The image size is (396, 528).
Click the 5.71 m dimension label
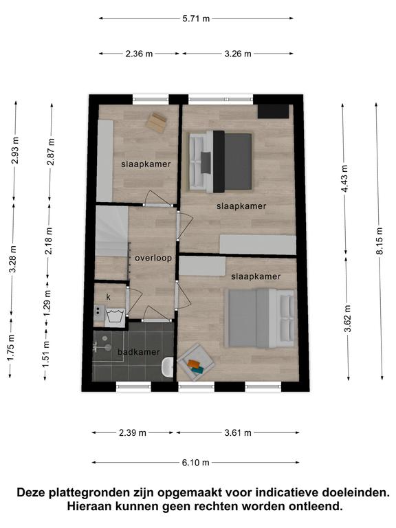tap(196, 19)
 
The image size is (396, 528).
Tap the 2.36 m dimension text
tap(139, 54)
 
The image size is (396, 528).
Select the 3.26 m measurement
tap(238, 54)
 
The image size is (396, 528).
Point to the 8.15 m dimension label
tap(379, 241)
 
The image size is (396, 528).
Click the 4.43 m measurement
tap(344, 179)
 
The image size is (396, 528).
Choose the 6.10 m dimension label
tap(196, 463)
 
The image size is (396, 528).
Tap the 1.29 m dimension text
tap(47, 303)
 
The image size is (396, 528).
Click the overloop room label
tap(153, 258)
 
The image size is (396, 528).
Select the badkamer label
tap(138, 352)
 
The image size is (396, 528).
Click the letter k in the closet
tap(109, 297)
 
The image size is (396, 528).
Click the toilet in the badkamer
tap(167, 367)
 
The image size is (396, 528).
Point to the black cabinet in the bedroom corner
tap(273, 111)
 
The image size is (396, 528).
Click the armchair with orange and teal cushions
tap(196, 362)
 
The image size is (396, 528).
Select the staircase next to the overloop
tap(111, 231)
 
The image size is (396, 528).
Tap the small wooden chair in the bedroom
tap(156, 122)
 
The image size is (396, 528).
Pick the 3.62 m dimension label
tap(347, 318)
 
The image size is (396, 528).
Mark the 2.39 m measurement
tap(132, 432)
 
